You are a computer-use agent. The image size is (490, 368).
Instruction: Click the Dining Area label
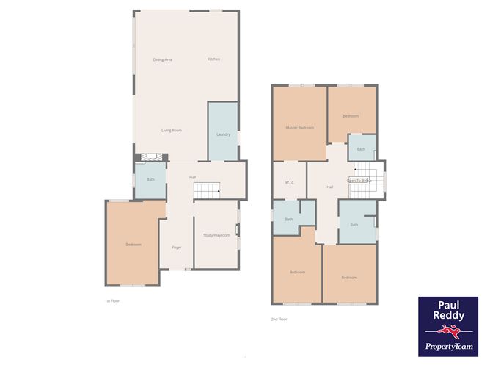coord(162,59)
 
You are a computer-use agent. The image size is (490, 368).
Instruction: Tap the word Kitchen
coord(213,59)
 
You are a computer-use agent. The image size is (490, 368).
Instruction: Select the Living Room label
coord(172,130)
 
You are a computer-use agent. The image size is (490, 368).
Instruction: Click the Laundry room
coord(223,134)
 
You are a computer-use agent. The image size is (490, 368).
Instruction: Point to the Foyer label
coord(177,248)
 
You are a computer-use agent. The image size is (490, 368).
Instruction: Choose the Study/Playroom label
coord(216,235)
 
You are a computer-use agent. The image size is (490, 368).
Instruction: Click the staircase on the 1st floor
coord(208,190)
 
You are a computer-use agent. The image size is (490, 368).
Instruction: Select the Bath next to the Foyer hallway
coord(150,180)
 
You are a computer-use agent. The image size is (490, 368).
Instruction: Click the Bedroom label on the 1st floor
coord(133,245)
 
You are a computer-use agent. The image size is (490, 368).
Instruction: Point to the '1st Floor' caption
coord(111,301)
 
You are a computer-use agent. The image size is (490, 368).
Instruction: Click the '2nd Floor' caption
coord(279,319)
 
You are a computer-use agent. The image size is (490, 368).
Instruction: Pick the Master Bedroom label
coord(299,128)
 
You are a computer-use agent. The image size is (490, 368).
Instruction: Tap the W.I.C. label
coord(289,183)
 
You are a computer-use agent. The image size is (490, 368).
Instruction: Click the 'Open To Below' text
coord(359,180)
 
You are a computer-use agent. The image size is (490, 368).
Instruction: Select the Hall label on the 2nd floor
coord(329,187)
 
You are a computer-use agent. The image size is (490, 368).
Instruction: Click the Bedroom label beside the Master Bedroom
coord(351,115)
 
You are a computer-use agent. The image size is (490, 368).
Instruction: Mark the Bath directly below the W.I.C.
coord(289,219)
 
